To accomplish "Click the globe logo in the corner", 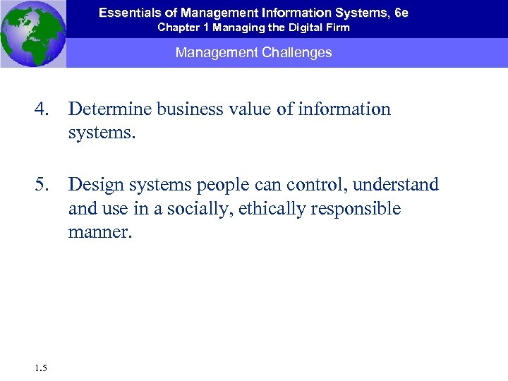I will (33, 33).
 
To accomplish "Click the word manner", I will (99, 232).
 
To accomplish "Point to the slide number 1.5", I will (40, 367).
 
